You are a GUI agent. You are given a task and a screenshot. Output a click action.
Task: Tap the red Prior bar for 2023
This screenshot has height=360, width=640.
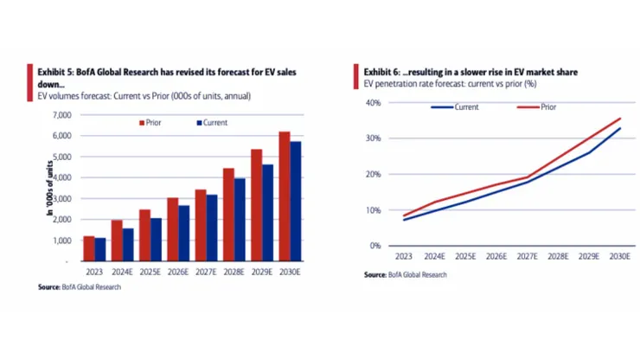[x=88, y=248]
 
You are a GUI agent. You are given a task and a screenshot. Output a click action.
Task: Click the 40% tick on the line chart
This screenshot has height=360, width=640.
[x=374, y=103]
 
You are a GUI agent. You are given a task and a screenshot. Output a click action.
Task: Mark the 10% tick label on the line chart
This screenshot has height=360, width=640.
[x=374, y=210]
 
